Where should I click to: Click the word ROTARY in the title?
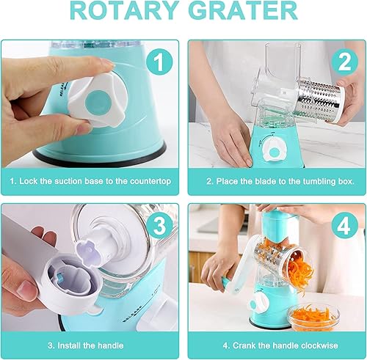tap(125, 13)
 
